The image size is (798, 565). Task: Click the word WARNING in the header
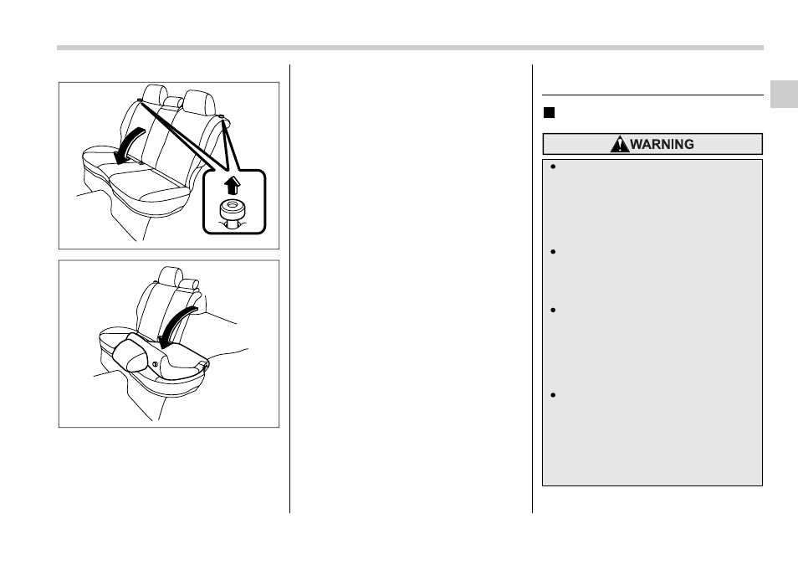[x=662, y=144]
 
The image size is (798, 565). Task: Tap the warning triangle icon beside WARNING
[x=619, y=144]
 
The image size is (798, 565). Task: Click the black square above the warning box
[x=549, y=113]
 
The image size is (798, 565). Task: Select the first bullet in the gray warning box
[x=553, y=167]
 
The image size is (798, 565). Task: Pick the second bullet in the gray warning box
[x=553, y=252]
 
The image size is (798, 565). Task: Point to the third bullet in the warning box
[x=553, y=310]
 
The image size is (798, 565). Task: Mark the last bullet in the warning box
[x=553, y=395]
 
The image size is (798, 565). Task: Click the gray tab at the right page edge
[x=784, y=95]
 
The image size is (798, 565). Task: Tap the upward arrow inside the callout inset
[x=232, y=186]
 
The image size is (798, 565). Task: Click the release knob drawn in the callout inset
[x=232, y=213]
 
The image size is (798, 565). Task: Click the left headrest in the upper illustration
[x=155, y=95]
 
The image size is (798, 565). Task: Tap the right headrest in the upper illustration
[x=199, y=103]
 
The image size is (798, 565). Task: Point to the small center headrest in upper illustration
[x=173, y=101]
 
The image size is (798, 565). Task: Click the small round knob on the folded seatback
[x=155, y=364]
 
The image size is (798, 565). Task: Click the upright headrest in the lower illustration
[x=170, y=276]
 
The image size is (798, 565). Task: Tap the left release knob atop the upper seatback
[x=139, y=100]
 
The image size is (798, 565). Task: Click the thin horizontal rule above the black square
[x=652, y=95]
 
